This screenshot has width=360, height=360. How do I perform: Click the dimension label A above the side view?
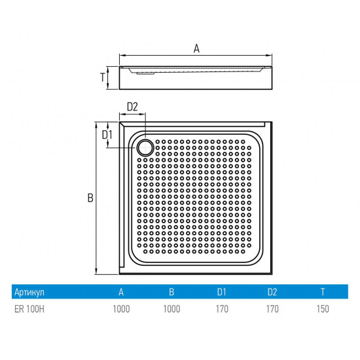pos(197,47)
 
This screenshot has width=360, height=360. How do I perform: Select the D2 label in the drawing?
pos(132,107)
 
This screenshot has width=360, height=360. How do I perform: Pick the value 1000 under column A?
pos(121,309)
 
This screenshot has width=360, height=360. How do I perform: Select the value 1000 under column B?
pos(171,309)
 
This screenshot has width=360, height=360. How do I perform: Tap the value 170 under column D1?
pos(221,309)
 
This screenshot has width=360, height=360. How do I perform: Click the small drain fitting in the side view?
pos(145,73)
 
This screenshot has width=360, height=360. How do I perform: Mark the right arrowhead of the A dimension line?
pos(270,56)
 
